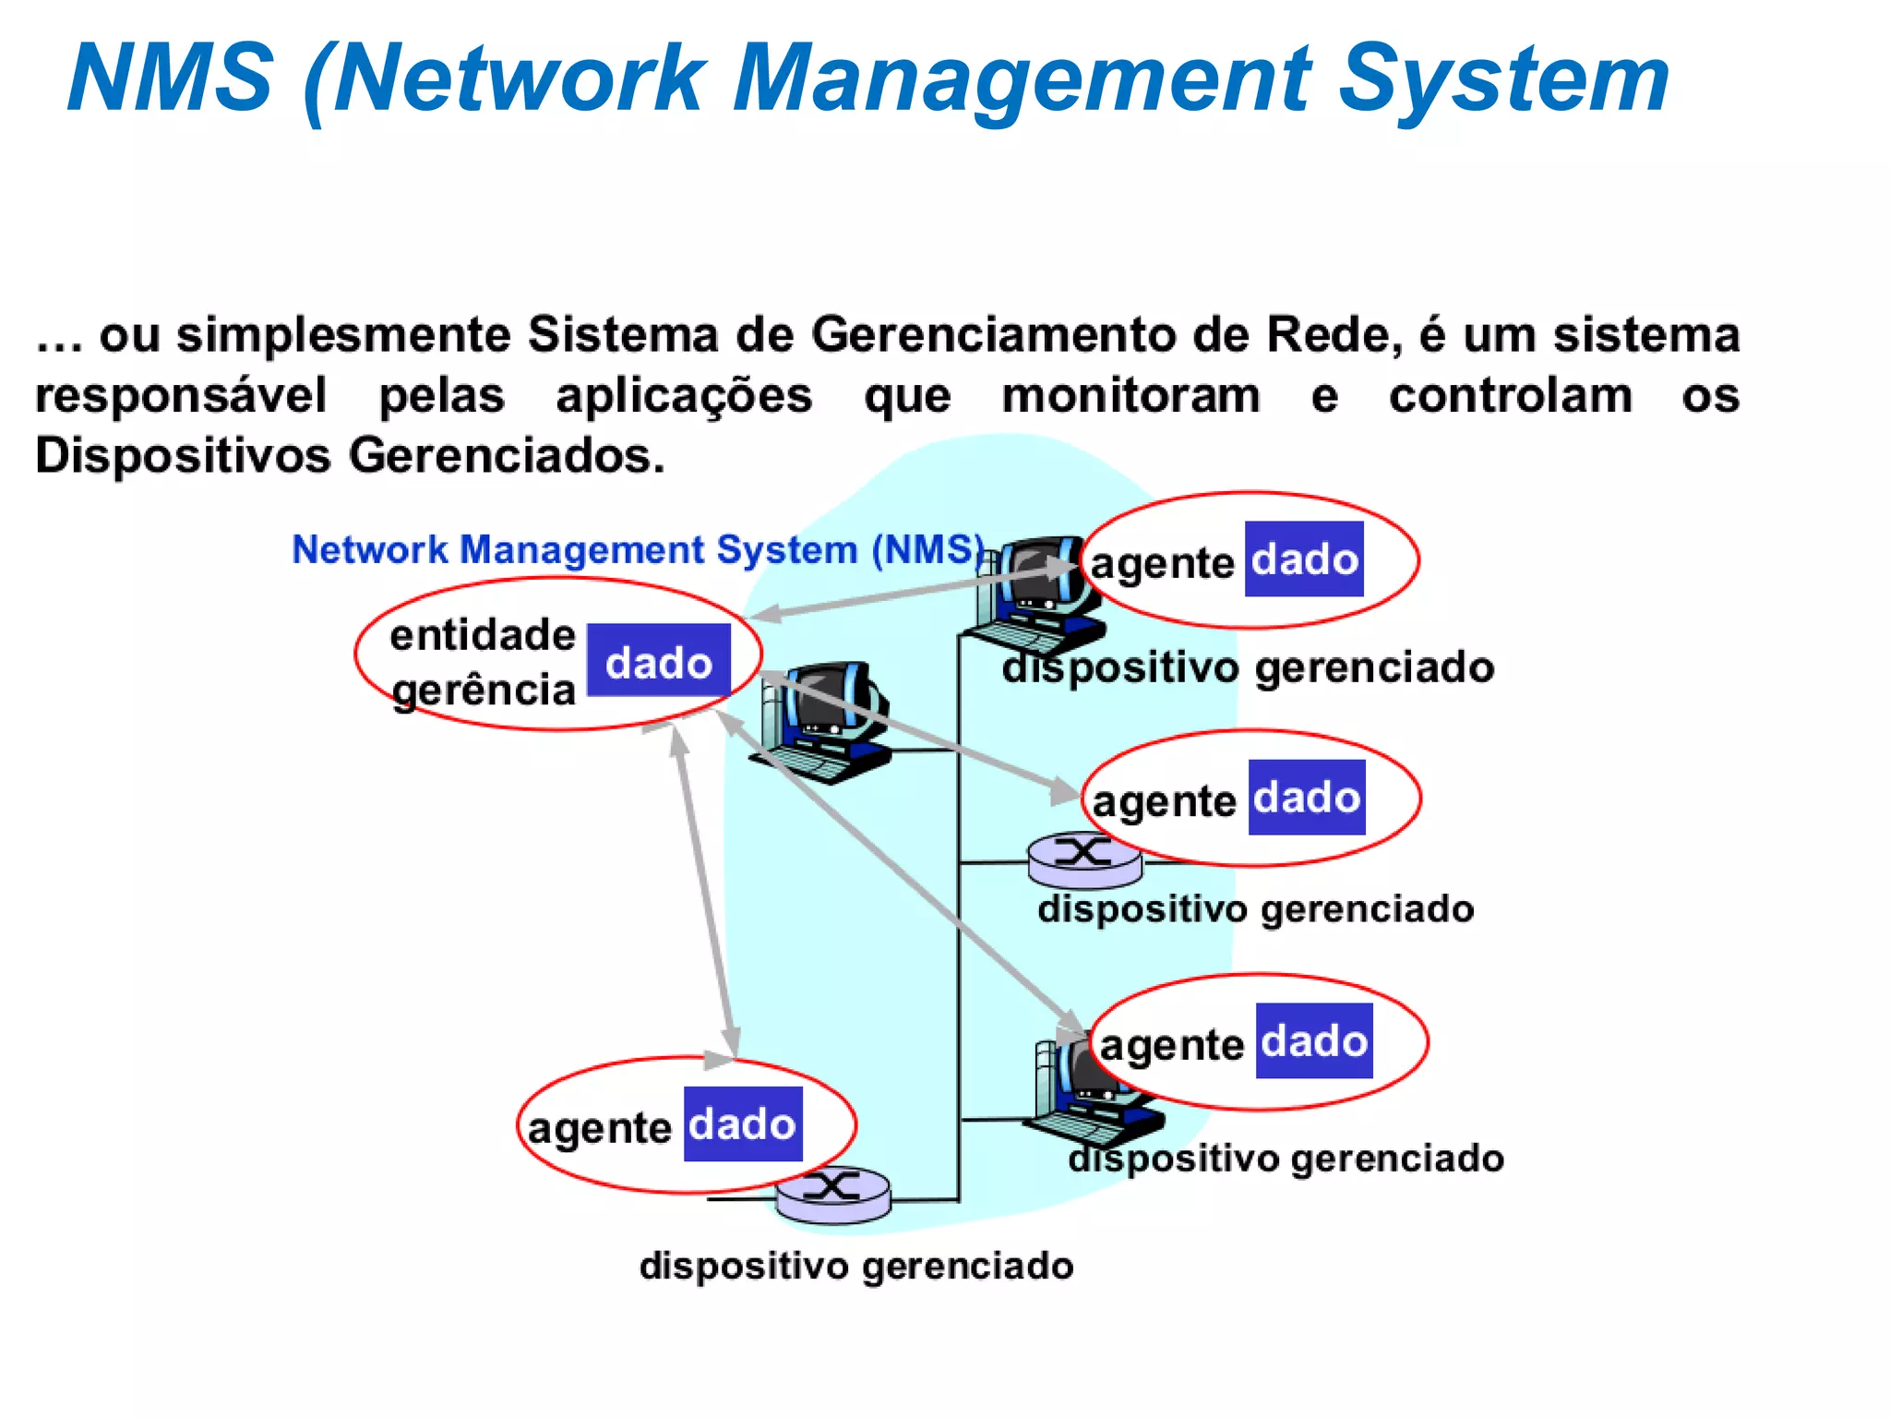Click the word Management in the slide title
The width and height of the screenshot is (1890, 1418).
click(1021, 81)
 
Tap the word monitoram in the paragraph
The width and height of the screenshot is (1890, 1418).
click(1130, 396)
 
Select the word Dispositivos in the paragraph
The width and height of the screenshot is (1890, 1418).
click(182, 456)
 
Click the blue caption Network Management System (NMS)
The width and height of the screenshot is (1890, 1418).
click(638, 550)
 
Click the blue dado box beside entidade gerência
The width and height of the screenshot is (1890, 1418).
click(659, 661)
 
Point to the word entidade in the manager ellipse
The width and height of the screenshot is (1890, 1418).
click(482, 635)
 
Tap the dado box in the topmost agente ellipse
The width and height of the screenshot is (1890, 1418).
click(1304, 559)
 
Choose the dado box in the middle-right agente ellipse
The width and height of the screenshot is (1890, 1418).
click(1307, 798)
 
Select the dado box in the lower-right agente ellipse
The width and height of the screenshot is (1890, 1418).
click(1314, 1041)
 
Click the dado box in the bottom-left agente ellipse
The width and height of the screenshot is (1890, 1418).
click(743, 1124)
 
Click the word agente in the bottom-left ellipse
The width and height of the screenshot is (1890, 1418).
click(599, 1128)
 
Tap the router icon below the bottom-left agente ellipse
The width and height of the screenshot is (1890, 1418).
click(833, 1196)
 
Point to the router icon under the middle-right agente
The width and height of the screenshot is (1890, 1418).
click(1084, 859)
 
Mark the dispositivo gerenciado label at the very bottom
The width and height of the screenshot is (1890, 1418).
click(856, 1266)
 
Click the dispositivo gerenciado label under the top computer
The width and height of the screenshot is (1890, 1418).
click(1248, 667)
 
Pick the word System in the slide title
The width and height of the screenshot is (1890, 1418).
click(1503, 81)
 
